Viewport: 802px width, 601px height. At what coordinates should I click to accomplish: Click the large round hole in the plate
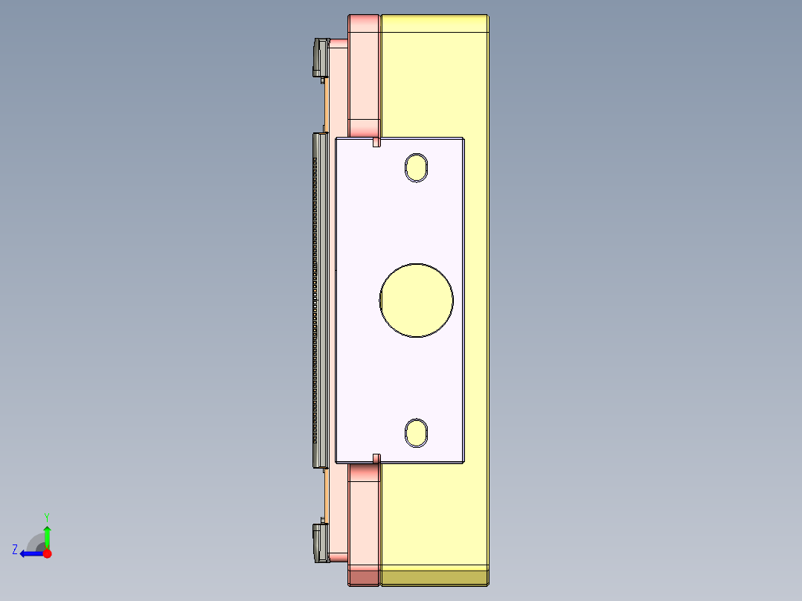(416, 300)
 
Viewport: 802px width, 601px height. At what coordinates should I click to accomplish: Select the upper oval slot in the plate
(417, 167)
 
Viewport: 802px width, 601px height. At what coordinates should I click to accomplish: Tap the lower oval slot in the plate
(416, 432)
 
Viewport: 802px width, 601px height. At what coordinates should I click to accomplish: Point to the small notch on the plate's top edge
(376, 141)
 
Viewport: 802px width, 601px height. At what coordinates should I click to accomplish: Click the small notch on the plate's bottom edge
(376, 458)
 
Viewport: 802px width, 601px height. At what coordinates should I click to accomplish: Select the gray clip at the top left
(320, 57)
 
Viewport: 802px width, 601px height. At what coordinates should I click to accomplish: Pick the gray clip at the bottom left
(320, 541)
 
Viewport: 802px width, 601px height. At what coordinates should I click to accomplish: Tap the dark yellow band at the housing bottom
(434, 576)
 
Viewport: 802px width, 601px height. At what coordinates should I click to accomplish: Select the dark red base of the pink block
(364, 576)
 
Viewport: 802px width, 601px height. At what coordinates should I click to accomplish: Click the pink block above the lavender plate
(365, 74)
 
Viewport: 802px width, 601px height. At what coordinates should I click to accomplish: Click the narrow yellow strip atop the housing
(434, 24)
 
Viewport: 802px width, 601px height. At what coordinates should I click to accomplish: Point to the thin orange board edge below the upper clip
(327, 104)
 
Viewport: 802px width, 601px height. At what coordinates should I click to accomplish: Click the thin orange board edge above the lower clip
(327, 495)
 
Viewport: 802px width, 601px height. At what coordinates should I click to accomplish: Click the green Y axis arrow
(47, 536)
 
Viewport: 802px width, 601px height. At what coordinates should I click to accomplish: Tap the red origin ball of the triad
(47, 553)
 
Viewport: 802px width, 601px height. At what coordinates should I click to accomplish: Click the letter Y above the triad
(46, 516)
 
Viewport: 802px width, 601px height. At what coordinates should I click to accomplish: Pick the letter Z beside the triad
(15, 550)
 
